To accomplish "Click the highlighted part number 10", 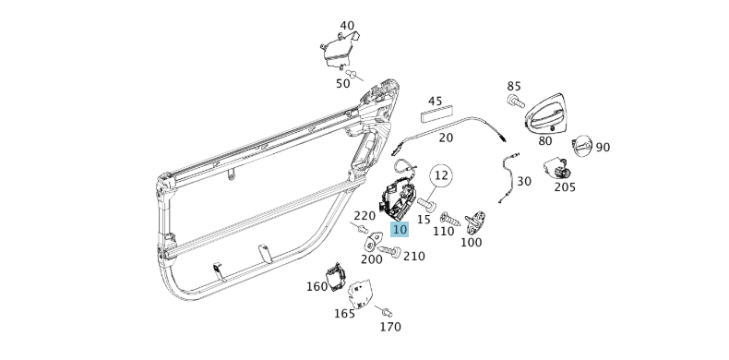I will (399, 230).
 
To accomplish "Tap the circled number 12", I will (442, 174).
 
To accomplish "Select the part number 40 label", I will (347, 26).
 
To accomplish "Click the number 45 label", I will (436, 102).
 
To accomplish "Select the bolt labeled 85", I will (515, 99).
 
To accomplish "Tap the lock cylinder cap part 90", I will (583, 146).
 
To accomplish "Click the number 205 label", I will (565, 186).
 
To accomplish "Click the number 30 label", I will (524, 181).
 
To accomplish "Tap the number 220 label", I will (364, 216).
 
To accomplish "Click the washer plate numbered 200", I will (374, 243).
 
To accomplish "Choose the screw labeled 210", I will (392, 251).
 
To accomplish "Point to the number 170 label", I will (390, 327).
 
